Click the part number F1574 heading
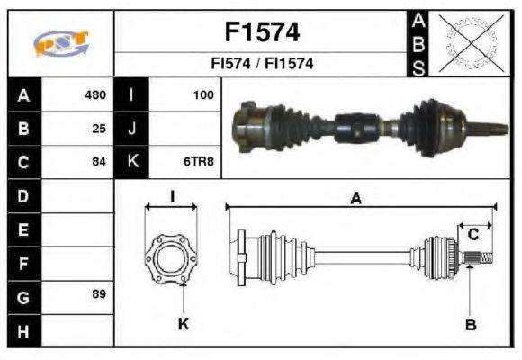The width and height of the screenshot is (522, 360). tap(261, 32)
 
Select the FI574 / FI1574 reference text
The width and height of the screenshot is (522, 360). tap(261, 65)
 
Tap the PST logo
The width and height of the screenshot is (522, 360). tap(60, 44)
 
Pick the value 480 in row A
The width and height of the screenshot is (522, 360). tap(95, 94)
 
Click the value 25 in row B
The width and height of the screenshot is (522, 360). tap(100, 128)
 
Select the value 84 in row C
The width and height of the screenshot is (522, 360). tap(100, 162)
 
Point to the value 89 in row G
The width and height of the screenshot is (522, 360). tap(100, 295)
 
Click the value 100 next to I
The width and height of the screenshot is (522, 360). tap(203, 94)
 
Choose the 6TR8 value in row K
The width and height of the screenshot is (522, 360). tap(202, 162)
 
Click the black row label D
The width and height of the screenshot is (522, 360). tap(23, 195)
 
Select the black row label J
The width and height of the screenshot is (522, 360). tap(132, 128)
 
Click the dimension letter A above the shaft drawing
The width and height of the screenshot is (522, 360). tap(356, 200)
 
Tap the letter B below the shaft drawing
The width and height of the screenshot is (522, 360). tap(470, 324)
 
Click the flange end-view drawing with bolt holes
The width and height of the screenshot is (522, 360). tap(171, 257)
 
